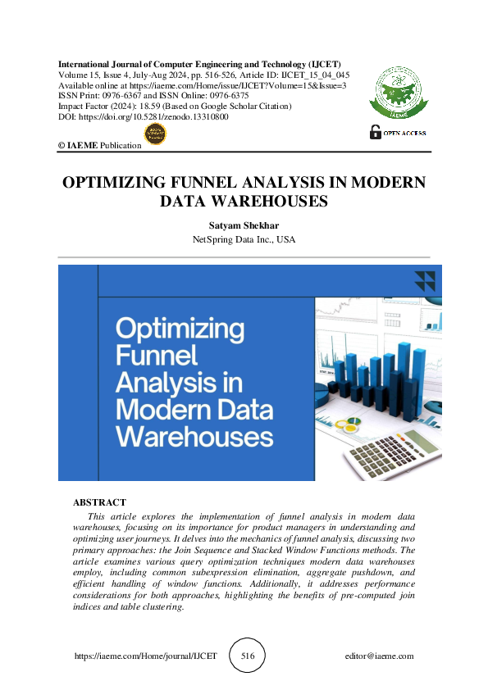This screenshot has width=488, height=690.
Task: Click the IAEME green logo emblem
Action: [398, 91]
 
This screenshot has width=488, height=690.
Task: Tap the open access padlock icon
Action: [376, 131]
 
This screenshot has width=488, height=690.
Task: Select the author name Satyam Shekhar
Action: [244, 225]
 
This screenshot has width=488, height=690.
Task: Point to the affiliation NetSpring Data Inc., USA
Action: [244, 240]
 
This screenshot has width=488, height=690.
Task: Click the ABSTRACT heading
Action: [99, 502]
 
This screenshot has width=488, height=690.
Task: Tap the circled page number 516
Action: [247, 656]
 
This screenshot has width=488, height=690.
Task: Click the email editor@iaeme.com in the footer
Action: [380, 656]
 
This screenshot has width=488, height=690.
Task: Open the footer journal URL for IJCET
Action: [145, 656]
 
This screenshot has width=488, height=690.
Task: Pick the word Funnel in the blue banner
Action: [157, 356]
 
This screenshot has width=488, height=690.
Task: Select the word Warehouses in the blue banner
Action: [194, 435]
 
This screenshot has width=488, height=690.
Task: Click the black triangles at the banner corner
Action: [424, 281]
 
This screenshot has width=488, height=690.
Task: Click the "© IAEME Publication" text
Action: [99, 145]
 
